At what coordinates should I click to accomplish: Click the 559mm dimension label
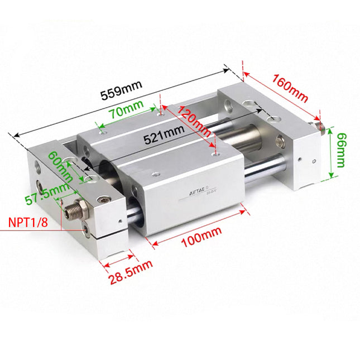point(121,90)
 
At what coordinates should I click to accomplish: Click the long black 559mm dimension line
point(120,101)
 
